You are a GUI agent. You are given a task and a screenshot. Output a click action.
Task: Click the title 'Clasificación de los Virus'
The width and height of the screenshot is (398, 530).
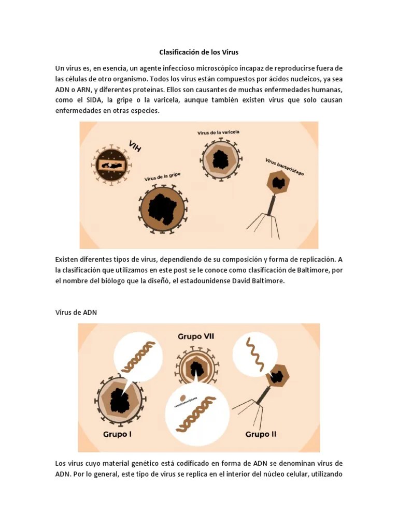198,52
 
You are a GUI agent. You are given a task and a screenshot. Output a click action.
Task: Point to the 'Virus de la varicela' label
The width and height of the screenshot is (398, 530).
218,132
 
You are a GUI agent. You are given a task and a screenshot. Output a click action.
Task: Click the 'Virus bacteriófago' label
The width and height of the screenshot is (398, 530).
285,167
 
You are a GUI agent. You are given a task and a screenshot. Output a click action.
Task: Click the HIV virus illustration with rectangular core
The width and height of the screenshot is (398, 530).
112,165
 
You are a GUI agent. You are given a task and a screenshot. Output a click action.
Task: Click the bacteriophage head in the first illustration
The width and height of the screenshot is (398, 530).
279,183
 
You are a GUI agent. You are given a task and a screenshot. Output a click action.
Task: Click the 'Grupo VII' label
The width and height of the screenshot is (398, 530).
196,336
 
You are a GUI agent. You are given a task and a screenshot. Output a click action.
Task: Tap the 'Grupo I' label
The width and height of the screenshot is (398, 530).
117,434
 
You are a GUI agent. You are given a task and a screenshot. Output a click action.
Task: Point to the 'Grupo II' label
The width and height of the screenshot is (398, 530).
261,434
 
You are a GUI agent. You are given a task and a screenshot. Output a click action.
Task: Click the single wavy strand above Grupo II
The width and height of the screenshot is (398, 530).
254,351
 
